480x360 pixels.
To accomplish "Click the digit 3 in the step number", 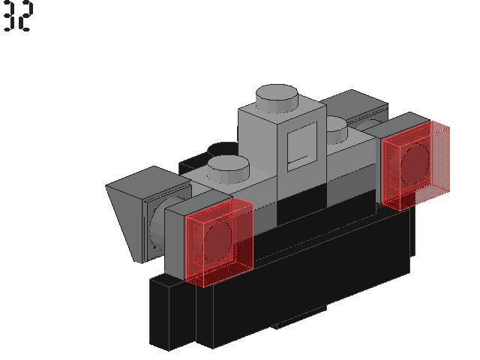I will [9, 18].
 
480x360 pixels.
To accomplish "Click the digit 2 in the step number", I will [25, 18].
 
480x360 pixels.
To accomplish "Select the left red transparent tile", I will [218, 241].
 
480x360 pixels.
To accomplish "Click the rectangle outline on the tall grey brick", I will [302, 145].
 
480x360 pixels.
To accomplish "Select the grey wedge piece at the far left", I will [127, 214].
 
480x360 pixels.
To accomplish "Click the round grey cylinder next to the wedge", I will [154, 229].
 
